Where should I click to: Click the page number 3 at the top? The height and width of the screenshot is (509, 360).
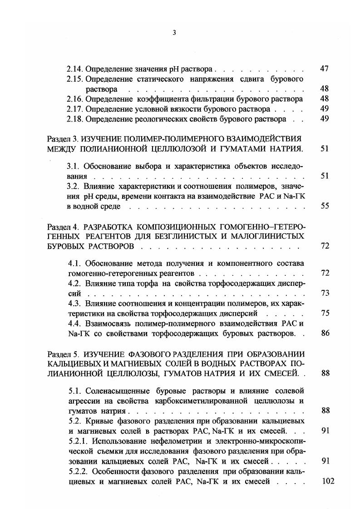click(x=174, y=32)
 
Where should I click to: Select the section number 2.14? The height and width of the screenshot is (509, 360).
click(x=75, y=69)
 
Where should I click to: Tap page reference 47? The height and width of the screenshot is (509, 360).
click(x=324, y=69)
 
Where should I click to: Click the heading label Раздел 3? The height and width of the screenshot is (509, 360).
click(x=62, y=138)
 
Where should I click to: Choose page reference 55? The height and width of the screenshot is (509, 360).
click(x=324, y=206)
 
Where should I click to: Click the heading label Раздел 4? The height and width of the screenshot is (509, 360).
click(x=62, y=226)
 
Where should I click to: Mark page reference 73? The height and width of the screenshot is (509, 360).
click(x=324, y=293)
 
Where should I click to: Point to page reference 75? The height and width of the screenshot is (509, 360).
click(x=324, y=313)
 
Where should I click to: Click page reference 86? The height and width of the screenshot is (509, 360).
click(x=324, y=333)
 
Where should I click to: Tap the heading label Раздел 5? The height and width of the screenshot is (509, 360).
click(x=62, y=354)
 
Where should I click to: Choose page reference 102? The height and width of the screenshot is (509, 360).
click(x=327, y=481)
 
